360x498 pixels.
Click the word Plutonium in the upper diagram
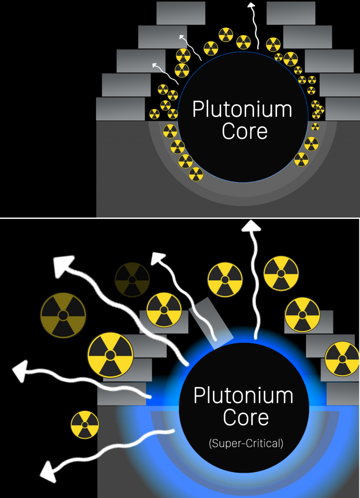(x=242, y=109)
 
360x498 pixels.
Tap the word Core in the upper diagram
(x=245, y=131)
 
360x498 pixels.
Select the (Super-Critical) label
(x=246, y=443)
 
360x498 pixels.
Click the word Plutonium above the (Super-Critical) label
(x=244, y=396)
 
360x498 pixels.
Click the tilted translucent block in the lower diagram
(x=214, y=323)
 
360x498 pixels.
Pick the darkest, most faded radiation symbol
(x=132, y=280)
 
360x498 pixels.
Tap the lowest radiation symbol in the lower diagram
(x=85, y=425)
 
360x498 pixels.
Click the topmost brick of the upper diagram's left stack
(x=180, y=13)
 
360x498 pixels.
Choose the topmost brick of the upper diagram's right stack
(x=291, y=13)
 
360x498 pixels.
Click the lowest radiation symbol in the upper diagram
(x=196, y=174)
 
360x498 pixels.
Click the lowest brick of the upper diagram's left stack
(x=120, y=109)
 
